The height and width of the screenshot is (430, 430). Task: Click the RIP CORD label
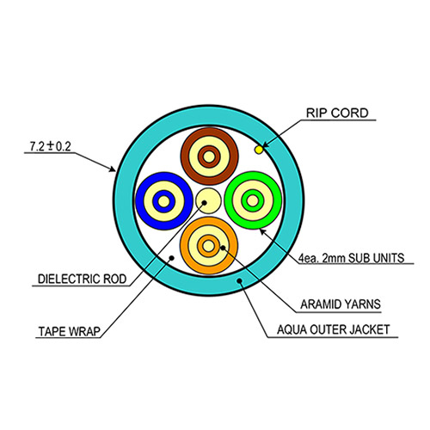337,113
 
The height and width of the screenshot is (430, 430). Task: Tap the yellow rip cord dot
259,150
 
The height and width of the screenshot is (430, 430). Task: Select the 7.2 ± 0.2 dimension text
51,146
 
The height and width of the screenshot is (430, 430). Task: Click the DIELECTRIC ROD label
83,279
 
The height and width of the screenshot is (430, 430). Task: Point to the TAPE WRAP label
70,331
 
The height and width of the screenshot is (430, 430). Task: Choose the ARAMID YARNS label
341,304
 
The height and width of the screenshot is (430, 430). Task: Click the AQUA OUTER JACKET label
334,329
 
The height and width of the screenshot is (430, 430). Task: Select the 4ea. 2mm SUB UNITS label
352,258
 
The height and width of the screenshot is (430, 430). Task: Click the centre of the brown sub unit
209,157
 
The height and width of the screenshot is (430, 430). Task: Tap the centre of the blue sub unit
164,201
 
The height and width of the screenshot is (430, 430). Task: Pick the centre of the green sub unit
253,200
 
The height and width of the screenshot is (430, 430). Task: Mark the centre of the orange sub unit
209,246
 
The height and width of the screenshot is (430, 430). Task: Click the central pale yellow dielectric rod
208,201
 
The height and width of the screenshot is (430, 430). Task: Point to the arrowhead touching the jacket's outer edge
112,169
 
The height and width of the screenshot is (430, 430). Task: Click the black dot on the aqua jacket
239,280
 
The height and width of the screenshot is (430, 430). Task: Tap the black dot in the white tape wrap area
172,258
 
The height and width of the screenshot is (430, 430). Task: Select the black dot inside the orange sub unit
223,248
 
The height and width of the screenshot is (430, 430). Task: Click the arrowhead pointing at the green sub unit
263,231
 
